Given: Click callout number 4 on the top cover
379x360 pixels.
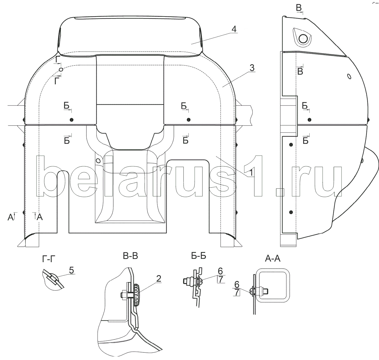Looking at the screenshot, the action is [x=234, y=29].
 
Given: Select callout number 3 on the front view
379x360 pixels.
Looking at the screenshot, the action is [x=252, y=68].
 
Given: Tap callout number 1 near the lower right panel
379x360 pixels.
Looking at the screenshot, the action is [x=251, y=173].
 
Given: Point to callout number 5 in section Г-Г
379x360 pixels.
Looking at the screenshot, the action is [x=71, y=271].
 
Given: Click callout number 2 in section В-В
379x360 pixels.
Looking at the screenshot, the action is [x=158, y=279].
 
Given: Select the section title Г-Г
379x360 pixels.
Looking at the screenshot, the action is [x=49, y=259].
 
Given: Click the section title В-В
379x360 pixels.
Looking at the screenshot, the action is [x=130, y=256].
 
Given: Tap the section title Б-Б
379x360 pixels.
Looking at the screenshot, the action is [x=199, y=256].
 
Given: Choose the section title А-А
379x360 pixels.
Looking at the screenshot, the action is [x=273, y=258].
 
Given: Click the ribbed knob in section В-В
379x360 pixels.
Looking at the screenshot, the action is [x=136, y=295].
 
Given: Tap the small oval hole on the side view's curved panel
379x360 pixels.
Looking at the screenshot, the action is [x=349, y=76].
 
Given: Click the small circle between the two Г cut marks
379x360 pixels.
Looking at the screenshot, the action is [x=61, y=69].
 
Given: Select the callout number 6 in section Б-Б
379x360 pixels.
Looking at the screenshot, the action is [x=220, y=271].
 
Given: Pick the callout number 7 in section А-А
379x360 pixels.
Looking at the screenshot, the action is [x=237, y=293].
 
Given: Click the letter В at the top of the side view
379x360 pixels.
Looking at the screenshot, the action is [x=299, y=8].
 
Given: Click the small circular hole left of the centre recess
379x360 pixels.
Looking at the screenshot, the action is [x=98, y=161].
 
